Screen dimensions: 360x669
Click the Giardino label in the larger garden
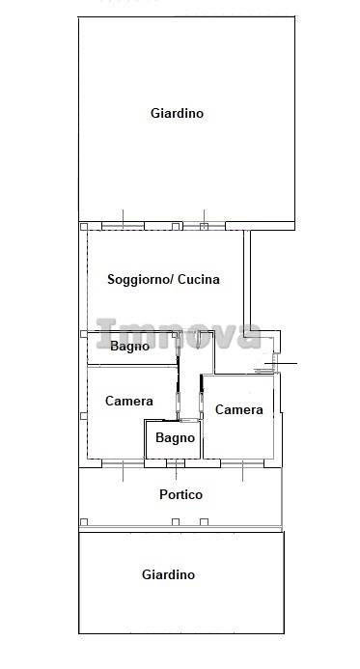(177, 114)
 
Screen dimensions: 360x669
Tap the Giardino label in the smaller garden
(169, 574)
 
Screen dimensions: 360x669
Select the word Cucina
(199, 279)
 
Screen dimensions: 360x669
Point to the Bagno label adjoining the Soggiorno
(129, 346)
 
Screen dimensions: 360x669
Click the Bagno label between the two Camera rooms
(175, 437)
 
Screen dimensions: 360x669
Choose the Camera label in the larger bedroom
(128, 401)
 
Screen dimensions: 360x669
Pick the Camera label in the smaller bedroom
(238, 409)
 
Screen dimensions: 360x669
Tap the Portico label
(180, 494)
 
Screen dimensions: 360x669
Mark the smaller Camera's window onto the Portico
(242, 463)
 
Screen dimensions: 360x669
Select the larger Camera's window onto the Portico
(123, 463)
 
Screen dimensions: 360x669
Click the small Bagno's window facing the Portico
(176, 463)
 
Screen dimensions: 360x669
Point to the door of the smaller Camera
(202, 397)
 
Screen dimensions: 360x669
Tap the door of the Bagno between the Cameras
(189, 421)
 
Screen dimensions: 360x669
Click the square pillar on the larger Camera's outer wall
(84, 416)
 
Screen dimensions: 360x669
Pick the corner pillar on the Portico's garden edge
(84, 522)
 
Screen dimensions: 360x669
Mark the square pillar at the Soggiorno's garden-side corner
(84, 227)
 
